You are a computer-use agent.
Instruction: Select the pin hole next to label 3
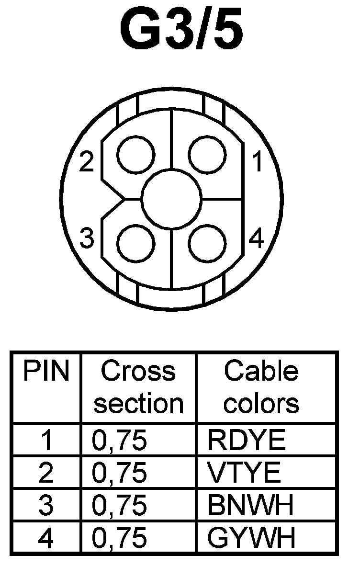click(136, 244)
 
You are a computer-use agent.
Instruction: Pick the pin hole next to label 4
click(207, 244)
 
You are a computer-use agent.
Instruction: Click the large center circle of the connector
click(171, 199)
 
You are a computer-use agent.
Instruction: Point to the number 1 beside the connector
click(257, 163)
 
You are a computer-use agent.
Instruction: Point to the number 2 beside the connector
click(86, 163)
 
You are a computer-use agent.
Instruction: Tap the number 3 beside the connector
click(86, 238)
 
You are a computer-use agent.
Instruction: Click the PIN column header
click(46, 372)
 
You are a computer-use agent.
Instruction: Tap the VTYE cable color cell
click(244, 473)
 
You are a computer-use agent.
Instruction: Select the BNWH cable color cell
click(250, 506)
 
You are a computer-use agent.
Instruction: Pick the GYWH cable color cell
click(251, 538)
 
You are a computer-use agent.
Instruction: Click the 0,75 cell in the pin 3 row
click(119, 506)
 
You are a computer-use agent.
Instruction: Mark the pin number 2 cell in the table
click(46, 473)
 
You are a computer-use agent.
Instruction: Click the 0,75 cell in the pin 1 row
click(119, 440)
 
